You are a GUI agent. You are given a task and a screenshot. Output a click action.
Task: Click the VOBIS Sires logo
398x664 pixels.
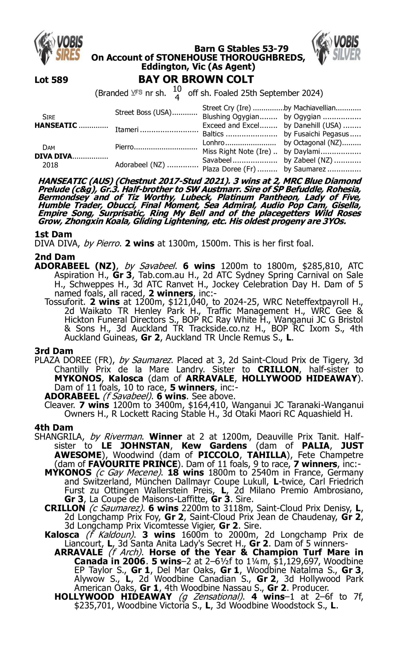[58, 48]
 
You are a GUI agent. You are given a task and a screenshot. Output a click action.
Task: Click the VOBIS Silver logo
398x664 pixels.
[336, 48]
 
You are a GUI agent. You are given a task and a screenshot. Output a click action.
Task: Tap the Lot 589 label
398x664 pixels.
[51, 80]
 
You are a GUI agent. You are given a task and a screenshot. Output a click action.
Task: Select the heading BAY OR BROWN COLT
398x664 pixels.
[196, 79]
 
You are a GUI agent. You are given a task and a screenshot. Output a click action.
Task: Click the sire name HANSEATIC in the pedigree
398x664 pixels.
[56, 125]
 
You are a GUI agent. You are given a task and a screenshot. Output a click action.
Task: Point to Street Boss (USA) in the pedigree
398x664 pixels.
[143, 112]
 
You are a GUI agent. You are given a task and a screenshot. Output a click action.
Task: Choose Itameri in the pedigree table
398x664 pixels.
[127, 130]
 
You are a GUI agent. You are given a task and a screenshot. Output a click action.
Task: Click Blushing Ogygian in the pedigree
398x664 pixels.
[231, 117]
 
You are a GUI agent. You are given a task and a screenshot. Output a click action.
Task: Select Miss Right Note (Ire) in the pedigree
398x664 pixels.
[237, 152]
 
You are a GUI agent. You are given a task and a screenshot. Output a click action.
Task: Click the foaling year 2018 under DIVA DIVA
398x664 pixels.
[50, 165]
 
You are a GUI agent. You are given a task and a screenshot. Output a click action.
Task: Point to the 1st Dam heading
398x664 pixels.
[53, 234]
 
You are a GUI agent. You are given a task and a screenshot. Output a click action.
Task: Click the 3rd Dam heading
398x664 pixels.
[54, 351]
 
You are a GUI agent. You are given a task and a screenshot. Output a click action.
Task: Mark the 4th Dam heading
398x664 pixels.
[54, 427]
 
